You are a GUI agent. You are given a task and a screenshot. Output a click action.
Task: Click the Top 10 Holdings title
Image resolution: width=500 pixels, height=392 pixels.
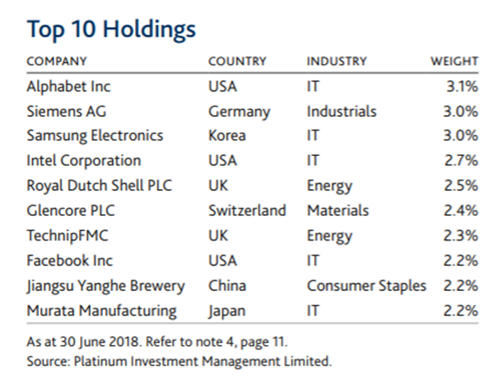111,30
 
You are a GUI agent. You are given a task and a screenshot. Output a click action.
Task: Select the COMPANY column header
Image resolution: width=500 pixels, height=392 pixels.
57,61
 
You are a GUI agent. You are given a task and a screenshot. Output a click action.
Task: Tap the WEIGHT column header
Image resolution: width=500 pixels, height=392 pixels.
455,61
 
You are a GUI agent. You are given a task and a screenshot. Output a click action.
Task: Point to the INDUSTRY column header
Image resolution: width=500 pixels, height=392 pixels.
337,61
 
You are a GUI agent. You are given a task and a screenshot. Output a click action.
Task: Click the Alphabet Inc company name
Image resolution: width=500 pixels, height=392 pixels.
69,87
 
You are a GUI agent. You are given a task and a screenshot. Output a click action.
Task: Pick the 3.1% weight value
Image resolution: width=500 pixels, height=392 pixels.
462,86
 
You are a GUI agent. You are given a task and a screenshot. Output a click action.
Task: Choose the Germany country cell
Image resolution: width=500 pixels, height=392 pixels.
239,112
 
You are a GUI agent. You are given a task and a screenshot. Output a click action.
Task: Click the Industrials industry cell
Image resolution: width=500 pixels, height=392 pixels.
342,112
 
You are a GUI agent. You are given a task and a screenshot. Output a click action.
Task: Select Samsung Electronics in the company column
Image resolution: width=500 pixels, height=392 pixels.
95,136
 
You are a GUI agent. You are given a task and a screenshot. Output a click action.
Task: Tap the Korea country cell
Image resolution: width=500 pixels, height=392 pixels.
227,136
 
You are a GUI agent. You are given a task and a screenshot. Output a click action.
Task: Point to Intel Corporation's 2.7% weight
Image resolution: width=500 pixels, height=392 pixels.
462,160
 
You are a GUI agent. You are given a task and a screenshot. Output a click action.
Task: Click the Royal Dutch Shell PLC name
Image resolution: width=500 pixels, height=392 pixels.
99,186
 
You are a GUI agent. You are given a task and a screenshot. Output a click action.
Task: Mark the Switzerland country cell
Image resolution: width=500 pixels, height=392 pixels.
247,211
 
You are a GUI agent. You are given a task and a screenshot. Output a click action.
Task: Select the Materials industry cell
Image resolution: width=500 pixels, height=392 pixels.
337,211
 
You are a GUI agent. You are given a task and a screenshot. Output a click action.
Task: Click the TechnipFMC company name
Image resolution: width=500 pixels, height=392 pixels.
67,236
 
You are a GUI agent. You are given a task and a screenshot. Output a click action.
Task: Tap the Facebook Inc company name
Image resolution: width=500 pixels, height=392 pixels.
70,260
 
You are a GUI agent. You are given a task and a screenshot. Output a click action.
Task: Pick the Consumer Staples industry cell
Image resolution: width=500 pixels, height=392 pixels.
366,287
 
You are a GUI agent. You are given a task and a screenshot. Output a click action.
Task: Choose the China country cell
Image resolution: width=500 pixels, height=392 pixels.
227,286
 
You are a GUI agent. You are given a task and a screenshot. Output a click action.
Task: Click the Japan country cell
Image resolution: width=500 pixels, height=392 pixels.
227,311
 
